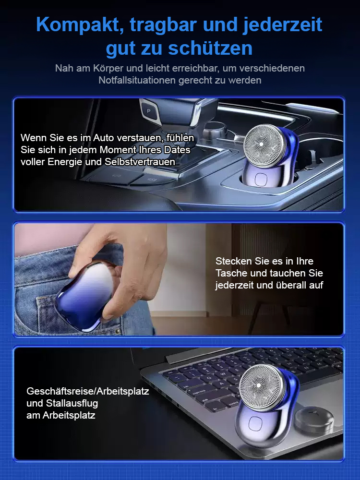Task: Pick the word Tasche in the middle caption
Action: point(235,273)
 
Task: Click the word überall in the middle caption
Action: point(291,285)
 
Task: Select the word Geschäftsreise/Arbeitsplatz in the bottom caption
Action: point(88,391)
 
